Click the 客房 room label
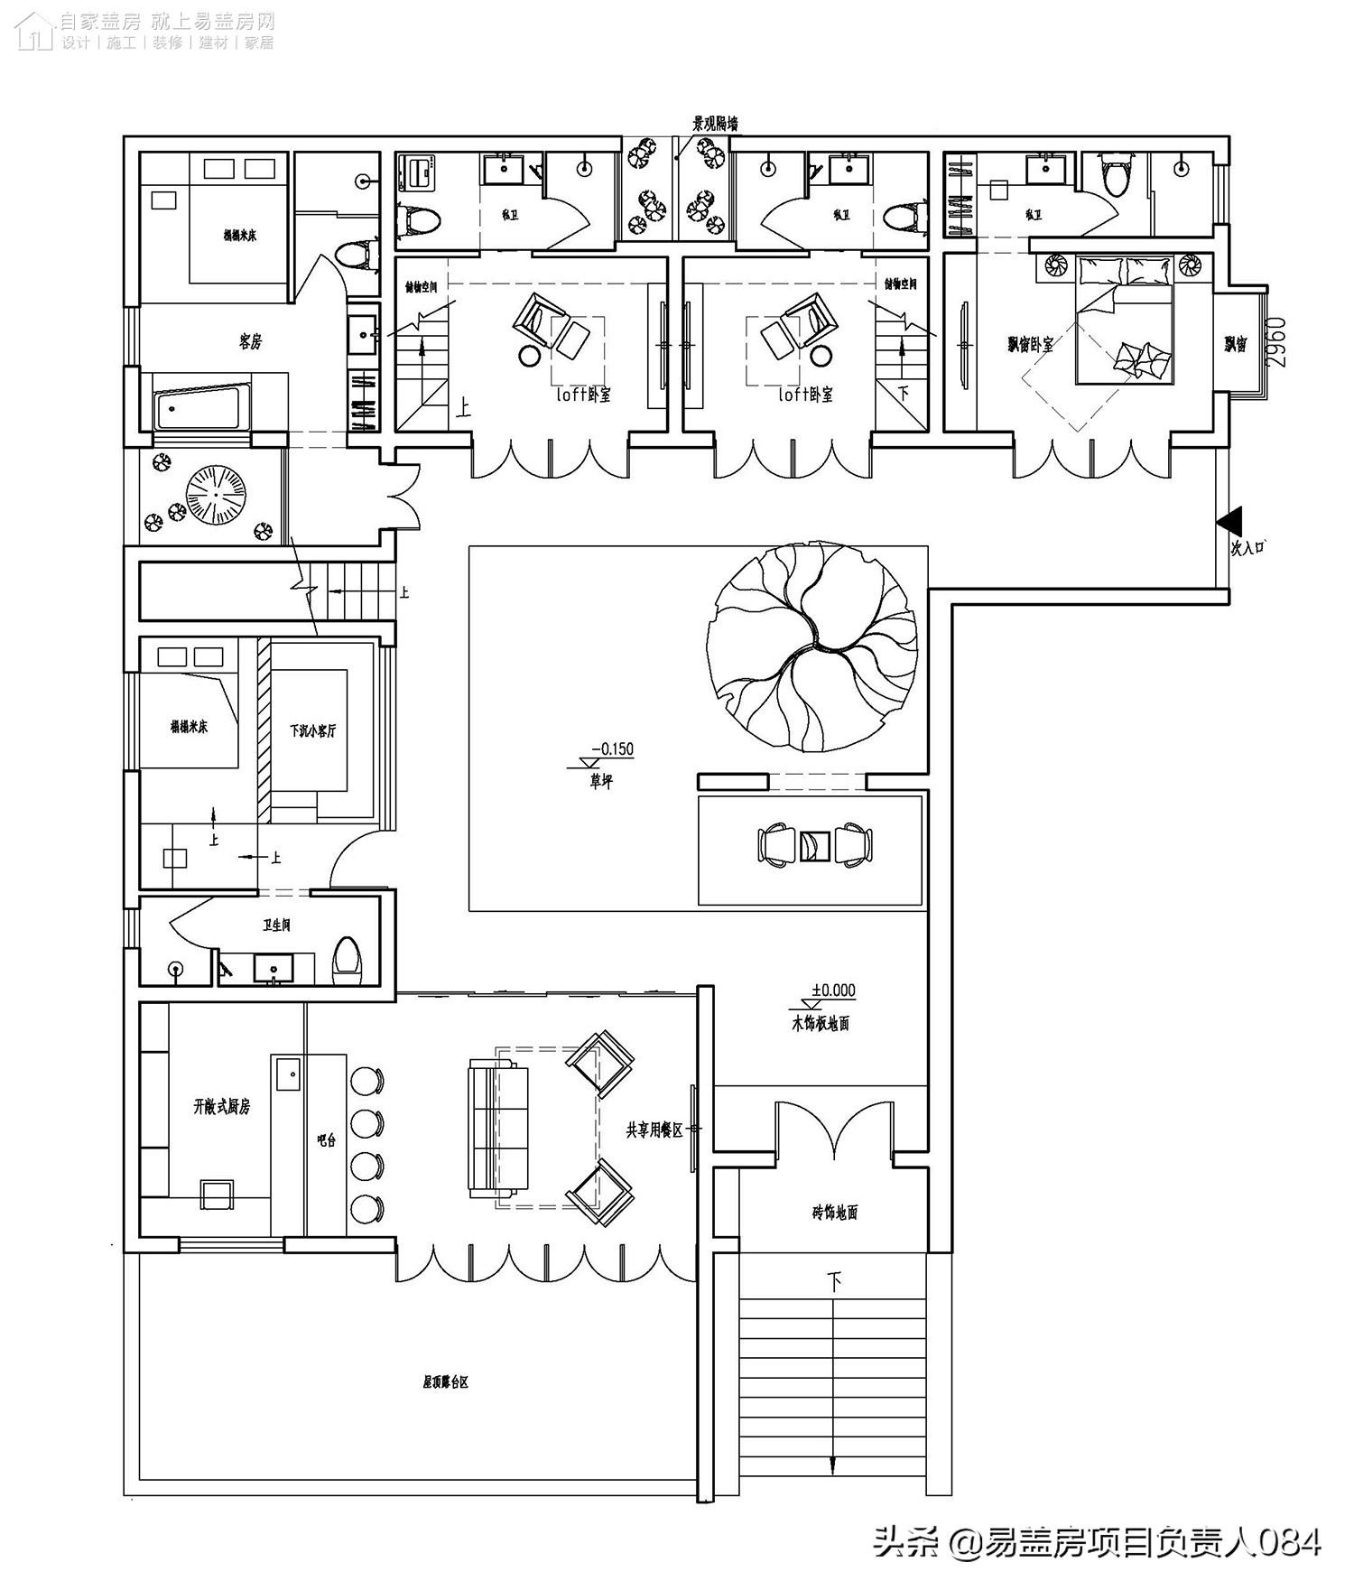tap(250, 342)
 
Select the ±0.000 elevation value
tap(833, 990)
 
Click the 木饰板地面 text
tap(819, 1024)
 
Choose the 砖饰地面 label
tap(834, 1213)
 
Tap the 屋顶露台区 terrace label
tap(446, 1381)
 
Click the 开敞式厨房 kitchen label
tap(221, 1107)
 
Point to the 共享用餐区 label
tap(654, 1130)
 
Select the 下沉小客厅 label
tap(312, 730)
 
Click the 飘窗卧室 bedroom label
tap(1030, 344)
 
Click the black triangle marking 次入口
tap(1229, 521)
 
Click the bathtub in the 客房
tap(204, 409)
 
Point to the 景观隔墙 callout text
tap(715, 124)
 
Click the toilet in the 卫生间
tap(347, 958)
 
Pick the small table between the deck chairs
tap(815, 845)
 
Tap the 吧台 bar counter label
tap(326, 1139)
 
